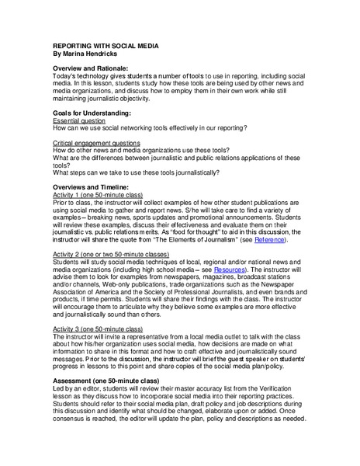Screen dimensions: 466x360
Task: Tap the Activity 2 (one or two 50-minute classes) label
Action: (x=110, y=254)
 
